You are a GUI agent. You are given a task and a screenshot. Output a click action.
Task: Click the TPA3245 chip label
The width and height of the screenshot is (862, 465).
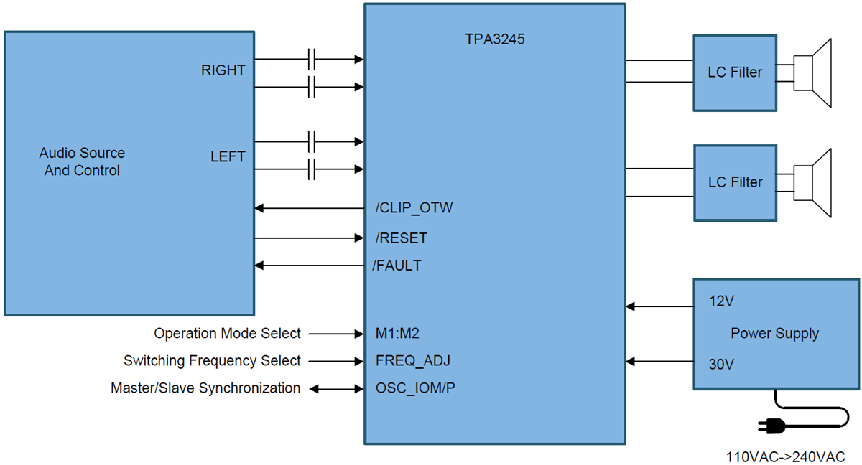click(494, 40)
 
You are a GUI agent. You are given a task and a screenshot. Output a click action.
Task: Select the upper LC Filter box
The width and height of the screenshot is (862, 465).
click(734, 72)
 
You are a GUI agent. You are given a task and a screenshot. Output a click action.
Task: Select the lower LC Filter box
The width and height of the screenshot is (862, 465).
click(734, 182)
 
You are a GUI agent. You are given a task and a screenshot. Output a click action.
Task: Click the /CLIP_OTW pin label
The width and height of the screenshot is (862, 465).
click(414, 208)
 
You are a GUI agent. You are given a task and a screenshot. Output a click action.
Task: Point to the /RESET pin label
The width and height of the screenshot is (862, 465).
click(401, 238)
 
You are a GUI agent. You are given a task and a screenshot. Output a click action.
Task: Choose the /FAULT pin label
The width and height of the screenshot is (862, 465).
click(397, 266)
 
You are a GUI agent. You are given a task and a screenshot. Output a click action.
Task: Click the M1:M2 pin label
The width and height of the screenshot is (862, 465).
click(397, 333)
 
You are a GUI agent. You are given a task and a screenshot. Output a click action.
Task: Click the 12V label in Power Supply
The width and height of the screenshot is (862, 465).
click(721, 301)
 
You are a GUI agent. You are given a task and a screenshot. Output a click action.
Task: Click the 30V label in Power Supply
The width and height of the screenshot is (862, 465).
click(721, 364)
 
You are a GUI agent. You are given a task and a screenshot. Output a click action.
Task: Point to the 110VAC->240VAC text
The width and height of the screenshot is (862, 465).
click(785, 456)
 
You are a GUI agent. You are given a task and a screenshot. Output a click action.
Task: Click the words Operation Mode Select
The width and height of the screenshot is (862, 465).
click(227, 333)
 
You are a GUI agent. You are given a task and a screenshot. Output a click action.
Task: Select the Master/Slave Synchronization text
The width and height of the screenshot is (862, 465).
click(205, 388)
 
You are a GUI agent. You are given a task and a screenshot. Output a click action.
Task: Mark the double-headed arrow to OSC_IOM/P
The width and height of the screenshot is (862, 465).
click(336, 389)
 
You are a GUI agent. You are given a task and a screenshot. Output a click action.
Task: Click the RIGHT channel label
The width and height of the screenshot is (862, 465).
click(223, 70)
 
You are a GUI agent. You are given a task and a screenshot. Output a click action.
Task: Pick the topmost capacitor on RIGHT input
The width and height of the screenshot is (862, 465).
click(312, 59)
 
